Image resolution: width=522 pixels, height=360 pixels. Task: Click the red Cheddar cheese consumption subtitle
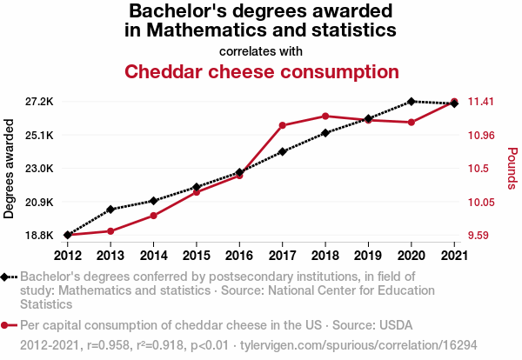(x=261, y=71)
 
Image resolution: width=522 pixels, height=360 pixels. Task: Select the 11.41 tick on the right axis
(x=481, y=102)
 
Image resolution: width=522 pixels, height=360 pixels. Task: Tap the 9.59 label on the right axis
(x=481, y=235)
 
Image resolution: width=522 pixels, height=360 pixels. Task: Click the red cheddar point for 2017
(x=283, y=125)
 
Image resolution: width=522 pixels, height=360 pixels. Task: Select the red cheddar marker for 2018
(x=325, y=116)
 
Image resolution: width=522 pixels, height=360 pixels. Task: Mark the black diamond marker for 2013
(x=110, y=209)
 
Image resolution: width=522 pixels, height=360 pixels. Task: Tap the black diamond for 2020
(x=412, y=102)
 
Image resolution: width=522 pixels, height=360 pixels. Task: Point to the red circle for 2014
(x=153, y=216)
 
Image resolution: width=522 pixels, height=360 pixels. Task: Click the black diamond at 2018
(x=325, y=133)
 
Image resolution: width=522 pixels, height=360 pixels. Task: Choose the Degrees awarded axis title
(x=10, y=169)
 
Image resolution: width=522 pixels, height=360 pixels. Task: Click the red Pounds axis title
(x=512, y=169)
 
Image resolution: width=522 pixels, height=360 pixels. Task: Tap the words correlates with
(x=261, y=50)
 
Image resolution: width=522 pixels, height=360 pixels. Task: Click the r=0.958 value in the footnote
(x=109, y=345)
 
